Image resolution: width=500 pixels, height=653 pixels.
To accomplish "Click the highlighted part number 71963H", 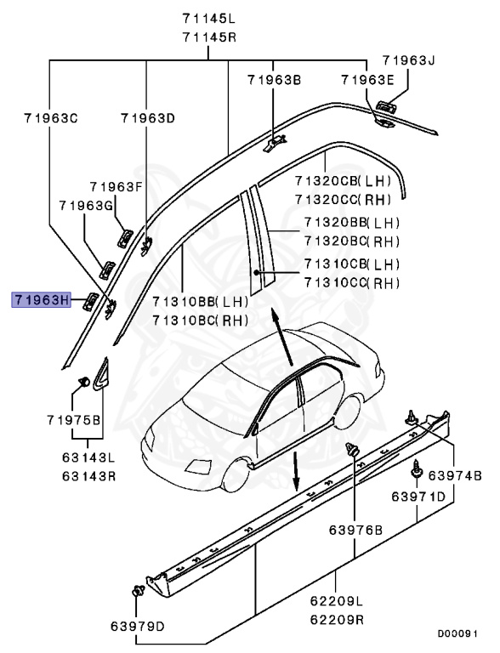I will tap(40, 299).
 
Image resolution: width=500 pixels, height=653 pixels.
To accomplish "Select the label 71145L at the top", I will tap(209, 18).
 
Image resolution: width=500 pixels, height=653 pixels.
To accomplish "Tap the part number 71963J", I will tap(408, 60).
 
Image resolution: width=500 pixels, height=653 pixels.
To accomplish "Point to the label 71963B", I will tap(275, 80).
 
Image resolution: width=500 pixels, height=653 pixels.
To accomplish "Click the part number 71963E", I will tap(367, 80).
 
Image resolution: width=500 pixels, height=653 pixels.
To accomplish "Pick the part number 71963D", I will tap(147, 119).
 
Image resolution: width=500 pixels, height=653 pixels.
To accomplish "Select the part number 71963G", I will tap(86, 206).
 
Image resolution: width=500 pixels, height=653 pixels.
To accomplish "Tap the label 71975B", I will tap(74, 421).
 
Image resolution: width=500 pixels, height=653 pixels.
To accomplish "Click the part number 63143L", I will tap(88, 458).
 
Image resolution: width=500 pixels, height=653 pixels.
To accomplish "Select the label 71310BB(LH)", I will tap(199, 302).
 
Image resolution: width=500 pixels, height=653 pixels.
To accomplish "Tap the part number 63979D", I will tap(137, 627).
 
